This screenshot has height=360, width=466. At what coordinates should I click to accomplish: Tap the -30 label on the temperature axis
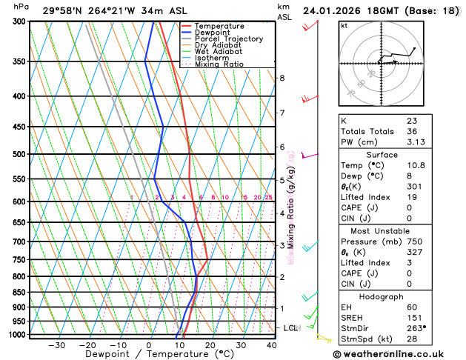56,345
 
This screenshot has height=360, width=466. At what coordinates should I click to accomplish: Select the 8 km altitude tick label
282,78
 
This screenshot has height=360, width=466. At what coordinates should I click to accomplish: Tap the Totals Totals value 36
412,131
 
